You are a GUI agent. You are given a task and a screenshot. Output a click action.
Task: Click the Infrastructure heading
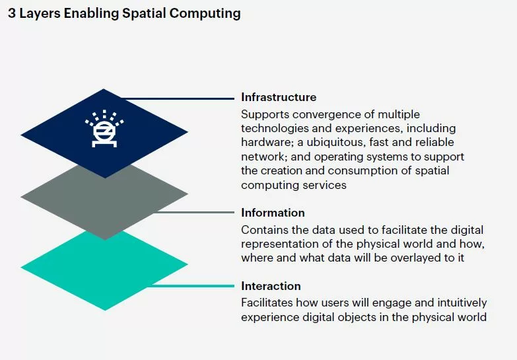click(x=279, y=97)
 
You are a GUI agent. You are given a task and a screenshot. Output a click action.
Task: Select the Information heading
click(x=273, y=213)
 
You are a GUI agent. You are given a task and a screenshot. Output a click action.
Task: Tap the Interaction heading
click(x=271, y=286)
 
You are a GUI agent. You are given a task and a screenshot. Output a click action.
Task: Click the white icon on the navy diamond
click(x=104, y=129)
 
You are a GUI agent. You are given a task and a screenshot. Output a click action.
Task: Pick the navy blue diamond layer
click(x=104, y=133)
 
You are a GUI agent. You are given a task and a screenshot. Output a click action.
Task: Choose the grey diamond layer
click(x=104, y=201)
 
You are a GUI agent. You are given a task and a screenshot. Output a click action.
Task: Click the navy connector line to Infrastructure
click(x=178, y=98)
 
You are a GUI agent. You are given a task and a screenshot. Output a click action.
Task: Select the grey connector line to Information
click(x=195, y=212)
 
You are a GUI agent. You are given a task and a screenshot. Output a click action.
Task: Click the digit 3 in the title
click(x=12, y=13)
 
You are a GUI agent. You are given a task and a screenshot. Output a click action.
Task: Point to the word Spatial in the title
click(x=144, y=14)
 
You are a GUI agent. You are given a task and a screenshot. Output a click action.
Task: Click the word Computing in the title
click(x=205, y=14)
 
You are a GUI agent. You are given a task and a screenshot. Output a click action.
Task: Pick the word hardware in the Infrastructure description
click(x=266, y=143)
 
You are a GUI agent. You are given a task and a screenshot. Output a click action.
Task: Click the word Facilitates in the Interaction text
click(x=267, y=303)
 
